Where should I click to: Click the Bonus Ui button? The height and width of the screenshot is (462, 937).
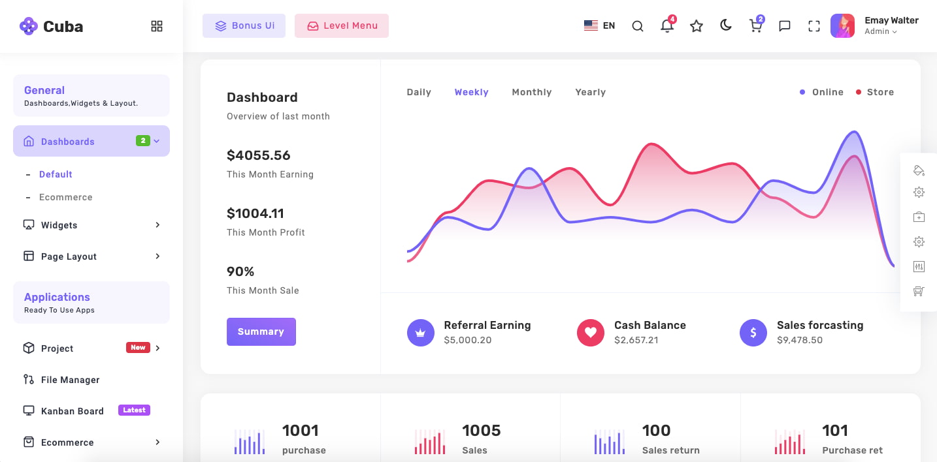pos(244,26)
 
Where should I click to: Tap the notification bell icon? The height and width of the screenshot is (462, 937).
pos(666,26)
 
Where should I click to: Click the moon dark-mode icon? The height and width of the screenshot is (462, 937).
pos(725,25)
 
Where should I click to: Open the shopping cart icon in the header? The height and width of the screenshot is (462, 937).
pos(755,26)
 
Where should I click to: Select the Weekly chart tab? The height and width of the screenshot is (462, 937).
pos(471,92)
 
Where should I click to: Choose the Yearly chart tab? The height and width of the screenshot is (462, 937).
pos(590,92)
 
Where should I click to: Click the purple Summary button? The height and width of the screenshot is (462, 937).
pos(261,331)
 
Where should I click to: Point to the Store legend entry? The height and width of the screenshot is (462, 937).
pos(875,92)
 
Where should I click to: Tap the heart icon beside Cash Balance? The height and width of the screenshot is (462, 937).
pos(590,333)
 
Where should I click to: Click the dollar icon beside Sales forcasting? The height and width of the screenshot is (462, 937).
pos(753,333)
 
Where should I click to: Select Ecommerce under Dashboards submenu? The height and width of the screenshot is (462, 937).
pos(65,197)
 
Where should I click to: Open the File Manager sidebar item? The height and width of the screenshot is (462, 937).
pos(70,380)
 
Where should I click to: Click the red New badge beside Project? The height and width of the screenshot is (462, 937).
pos(138,348)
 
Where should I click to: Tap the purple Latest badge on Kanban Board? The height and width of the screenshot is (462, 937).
pos(134,410)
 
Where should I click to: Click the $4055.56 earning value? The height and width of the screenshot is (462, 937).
pos(258,155)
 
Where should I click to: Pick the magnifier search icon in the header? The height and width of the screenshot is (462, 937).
pos(638,26)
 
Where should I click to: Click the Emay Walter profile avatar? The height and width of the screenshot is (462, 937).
pos(842,26)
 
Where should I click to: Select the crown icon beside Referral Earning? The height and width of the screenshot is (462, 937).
pos(420,333)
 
